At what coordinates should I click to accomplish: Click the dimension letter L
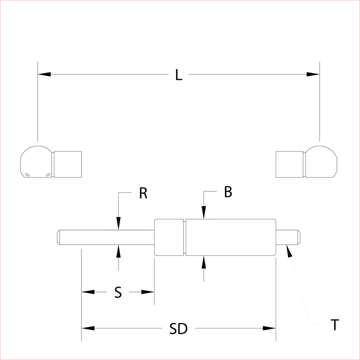coord(179,75)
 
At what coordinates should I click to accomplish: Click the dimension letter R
coord(143,193)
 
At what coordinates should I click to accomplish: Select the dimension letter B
coord(227,192)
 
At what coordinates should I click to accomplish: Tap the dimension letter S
coord(118,292)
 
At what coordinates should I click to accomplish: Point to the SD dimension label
coord(178,329)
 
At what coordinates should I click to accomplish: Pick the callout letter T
coord(335,325)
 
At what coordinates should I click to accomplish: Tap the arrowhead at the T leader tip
coord(289,251)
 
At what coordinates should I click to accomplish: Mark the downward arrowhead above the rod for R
coord(118,225)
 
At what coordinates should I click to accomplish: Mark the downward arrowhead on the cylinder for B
coord(204,214)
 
